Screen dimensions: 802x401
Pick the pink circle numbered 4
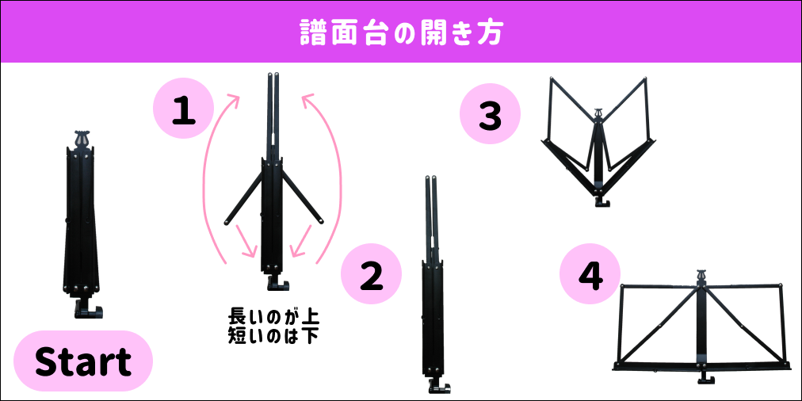590,273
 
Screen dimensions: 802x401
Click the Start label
83,361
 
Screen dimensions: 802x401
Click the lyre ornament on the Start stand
81,138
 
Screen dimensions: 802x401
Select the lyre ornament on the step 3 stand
598,115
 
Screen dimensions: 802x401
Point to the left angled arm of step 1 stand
244,197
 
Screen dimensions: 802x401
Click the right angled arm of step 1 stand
302,197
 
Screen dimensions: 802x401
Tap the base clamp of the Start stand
88,309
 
